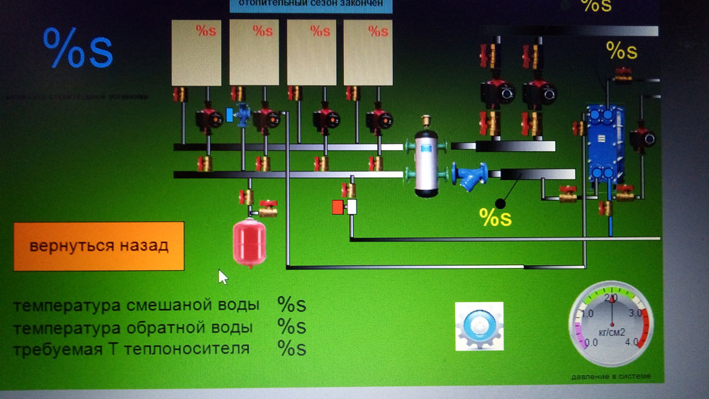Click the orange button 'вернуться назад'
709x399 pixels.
pos(99,246)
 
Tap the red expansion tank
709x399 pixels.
pos(249,240)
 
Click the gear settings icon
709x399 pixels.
pos(479,326)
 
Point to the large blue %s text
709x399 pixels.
pos(78,49)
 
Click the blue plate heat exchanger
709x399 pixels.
pos(601,145)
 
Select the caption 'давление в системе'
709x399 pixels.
pos(610,376)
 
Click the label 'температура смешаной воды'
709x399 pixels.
pos(136,305)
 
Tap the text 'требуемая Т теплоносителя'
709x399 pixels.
pos(131,349)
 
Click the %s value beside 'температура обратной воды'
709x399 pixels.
pos(291,327)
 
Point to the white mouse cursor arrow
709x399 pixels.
pos(222,276)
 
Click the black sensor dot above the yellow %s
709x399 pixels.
pos(501,203)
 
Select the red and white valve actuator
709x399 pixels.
pos(343,207)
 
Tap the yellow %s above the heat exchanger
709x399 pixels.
pos(621,50)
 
